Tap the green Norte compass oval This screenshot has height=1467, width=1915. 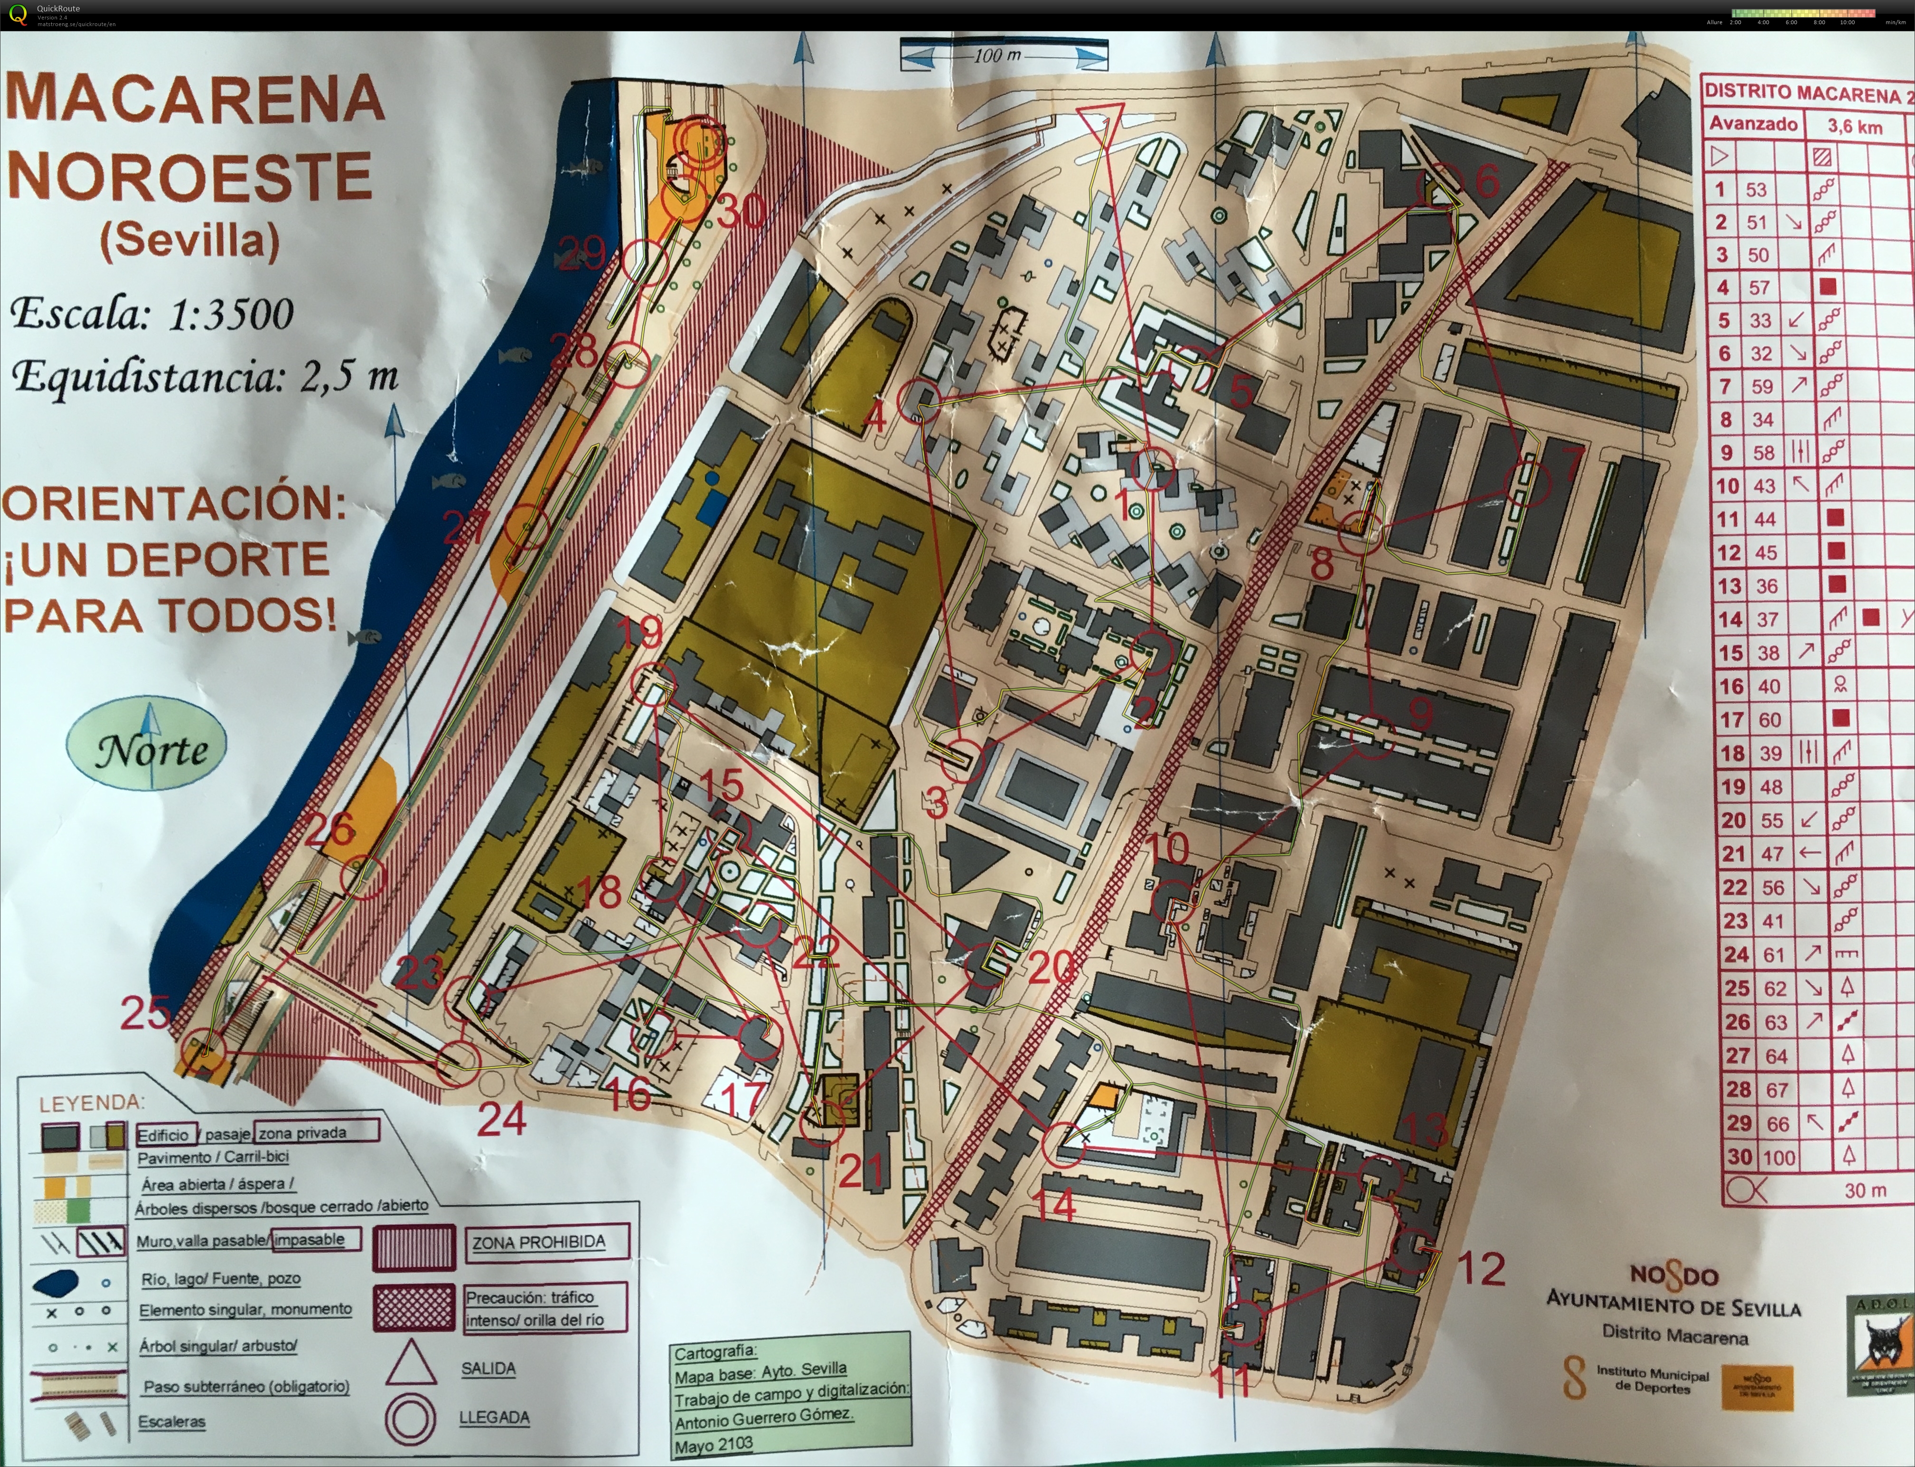pyautogui.click(x=147, y=748)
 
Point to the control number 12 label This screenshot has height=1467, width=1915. pyautogui.click(x=1482, y=1269)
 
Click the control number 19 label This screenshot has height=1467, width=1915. pyautogui.click(x=639, y=631)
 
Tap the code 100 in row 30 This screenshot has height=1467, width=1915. pyautogui.click(x=1778, y=1158)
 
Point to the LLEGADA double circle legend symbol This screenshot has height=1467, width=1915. pyautogui.click(x=411, y=1419)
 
